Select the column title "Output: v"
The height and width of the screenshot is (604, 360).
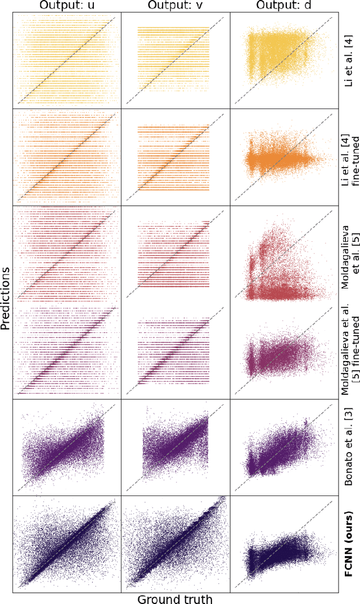point(175,6)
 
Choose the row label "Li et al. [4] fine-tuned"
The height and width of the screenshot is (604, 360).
point(352,155)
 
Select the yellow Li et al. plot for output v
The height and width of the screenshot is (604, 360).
point(175,62)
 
